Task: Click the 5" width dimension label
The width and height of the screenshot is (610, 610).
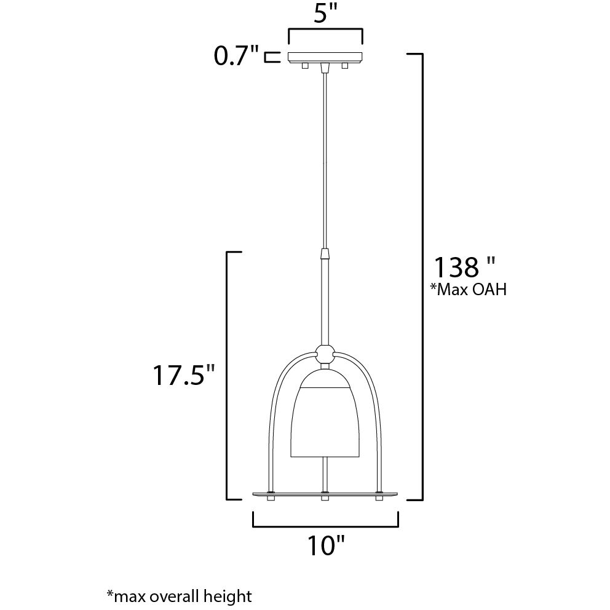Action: tap(326, 14)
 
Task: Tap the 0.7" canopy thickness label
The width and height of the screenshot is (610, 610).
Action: tap(236, 57)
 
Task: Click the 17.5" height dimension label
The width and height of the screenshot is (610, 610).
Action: tap(184, 375)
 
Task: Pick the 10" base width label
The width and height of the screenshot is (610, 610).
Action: tap(325, 545)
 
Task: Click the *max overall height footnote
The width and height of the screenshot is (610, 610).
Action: tap(180, 595)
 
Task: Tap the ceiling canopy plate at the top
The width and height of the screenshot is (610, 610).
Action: tap(325, 58)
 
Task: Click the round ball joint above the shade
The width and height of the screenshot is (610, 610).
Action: tap(325, 354)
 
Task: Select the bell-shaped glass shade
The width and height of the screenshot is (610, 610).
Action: tap(324, 418)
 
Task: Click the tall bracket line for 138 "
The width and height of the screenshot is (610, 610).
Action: tap(421, 277)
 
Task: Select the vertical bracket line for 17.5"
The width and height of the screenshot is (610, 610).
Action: tap(228, 375)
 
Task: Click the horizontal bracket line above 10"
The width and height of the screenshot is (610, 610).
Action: tap(325, 526)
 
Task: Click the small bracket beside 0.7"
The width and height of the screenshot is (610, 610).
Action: tap(269, 57)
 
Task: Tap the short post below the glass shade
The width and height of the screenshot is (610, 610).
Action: tap(325, 475)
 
